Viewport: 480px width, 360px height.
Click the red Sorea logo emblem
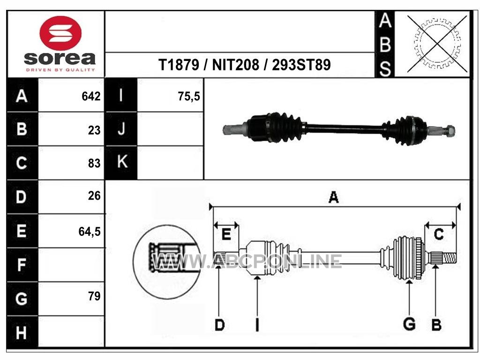tap(60, 33)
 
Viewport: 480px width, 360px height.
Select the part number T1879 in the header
tap(179, 65)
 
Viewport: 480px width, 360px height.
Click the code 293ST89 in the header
tap(301, 65)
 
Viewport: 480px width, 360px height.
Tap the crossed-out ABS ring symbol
tap(437, 44)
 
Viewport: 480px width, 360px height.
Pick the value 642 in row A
tap(91, 97)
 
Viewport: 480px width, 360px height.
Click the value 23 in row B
tap(94, 130)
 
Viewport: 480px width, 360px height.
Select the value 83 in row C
tap(94, 164)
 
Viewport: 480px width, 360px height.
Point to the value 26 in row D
tap(94, 196)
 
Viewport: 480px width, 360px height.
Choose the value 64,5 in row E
tap(90, 232)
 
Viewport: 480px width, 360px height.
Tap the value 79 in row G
tap(94, 296)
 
